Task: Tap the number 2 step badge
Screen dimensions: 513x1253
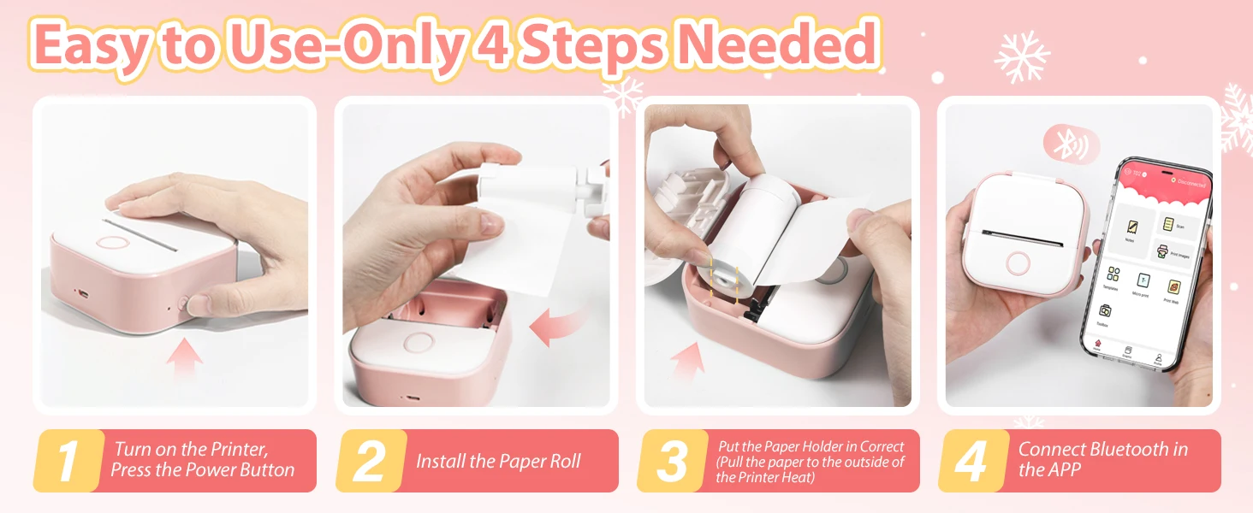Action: [368, 462]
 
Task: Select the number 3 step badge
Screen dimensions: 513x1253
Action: [670, 462]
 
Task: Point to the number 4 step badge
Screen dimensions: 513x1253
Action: [971, 462]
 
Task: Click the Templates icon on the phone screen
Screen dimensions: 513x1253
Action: [1113, 276]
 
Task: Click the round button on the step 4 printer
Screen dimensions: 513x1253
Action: [1018, 262]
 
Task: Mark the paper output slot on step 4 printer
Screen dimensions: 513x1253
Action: [1021, 232]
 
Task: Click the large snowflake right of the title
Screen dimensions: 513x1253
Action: [1021, 56]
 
